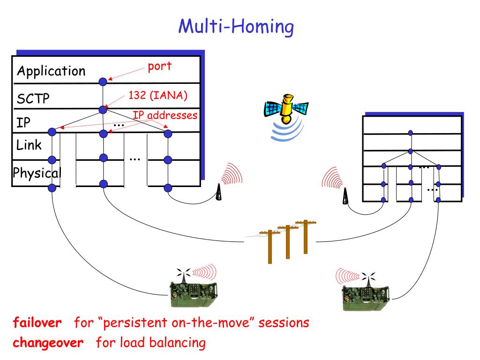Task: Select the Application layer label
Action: (51, 71)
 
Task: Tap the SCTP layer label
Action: (33, 99)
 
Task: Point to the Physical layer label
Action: (37, 173)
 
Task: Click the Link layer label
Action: (29, 145)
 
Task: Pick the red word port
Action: (159, 66)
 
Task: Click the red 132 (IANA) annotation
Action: (157, 96)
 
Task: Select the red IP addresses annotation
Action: (165, 115)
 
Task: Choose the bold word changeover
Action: (48, 343)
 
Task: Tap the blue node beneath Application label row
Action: (103, 82)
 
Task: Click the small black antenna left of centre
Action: (218, 193)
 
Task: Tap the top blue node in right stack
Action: (410, 133)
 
